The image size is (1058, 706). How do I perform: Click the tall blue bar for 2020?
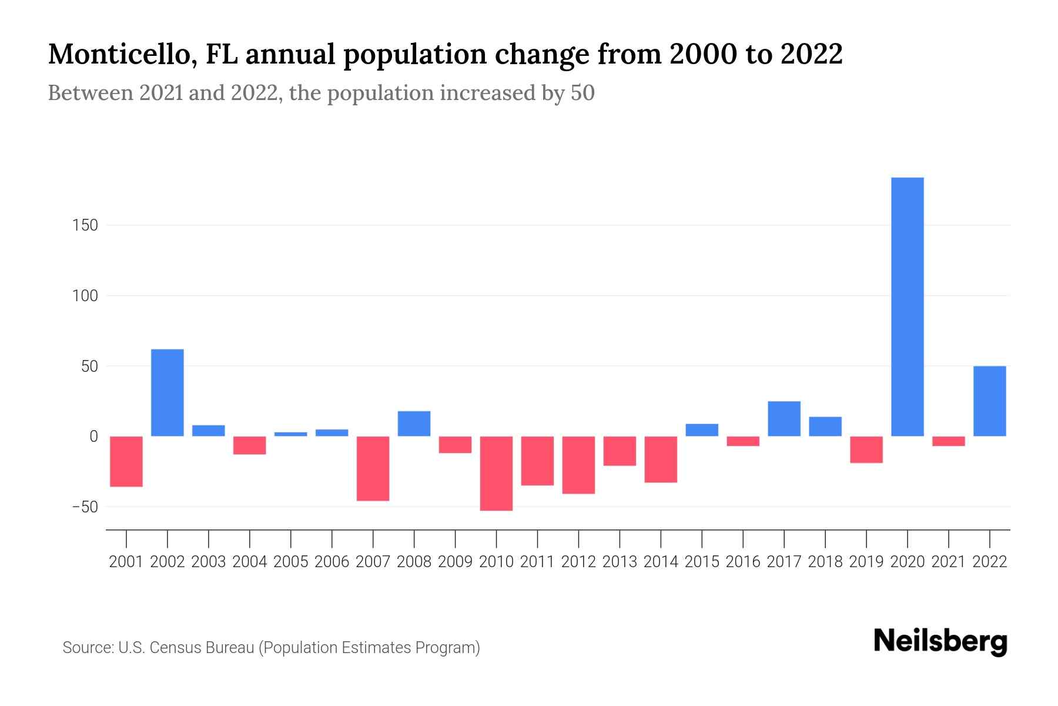click(908, 307)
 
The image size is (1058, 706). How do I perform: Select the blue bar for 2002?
click(168, 392)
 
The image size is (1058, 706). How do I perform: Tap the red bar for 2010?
click(496, 473)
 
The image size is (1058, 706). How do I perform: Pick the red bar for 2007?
click(373, 468)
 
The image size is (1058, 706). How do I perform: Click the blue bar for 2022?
click(990, 401)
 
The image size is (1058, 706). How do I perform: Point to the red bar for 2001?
click(126, 461)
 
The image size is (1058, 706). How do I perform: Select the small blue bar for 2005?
click(290, 434)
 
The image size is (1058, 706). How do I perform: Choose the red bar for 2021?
click(949, 441)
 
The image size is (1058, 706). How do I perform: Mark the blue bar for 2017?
click(784, 418)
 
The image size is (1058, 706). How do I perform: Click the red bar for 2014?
click(661, 459)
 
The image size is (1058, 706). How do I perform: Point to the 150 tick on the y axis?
click(85, 225)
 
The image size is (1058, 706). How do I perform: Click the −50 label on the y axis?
click(85, 507)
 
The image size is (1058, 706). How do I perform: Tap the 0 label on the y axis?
click(93, 437)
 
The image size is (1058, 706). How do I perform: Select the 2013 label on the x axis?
click(620, 562)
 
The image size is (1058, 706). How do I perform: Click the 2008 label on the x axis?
click(414, 562)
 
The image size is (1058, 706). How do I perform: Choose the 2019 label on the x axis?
click(866, 562)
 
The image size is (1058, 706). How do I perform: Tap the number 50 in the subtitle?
click(582, 93)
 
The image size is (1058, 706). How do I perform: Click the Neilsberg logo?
click(940, 642)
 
